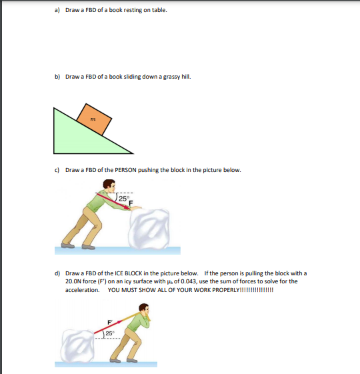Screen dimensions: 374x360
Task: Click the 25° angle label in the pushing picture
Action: click(x=125, y=198)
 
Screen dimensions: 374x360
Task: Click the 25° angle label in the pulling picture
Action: click(x=111, y=332)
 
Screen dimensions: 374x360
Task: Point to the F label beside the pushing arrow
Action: click(x=131, y=203)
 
